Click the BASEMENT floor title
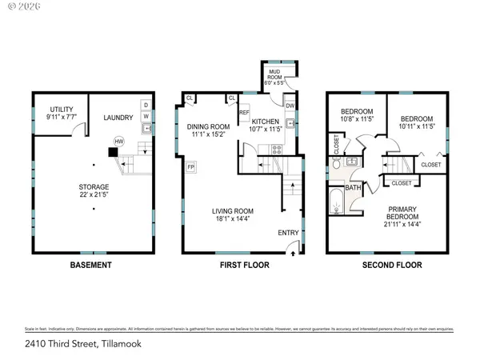point(90,265)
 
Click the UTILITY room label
point(62,109)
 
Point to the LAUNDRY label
point(118,118)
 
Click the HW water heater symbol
point(119,141)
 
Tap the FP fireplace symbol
point(191,166)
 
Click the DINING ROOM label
point(208,126)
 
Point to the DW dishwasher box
point(290,106)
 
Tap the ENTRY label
point(289,233)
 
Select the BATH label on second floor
point(353,187)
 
